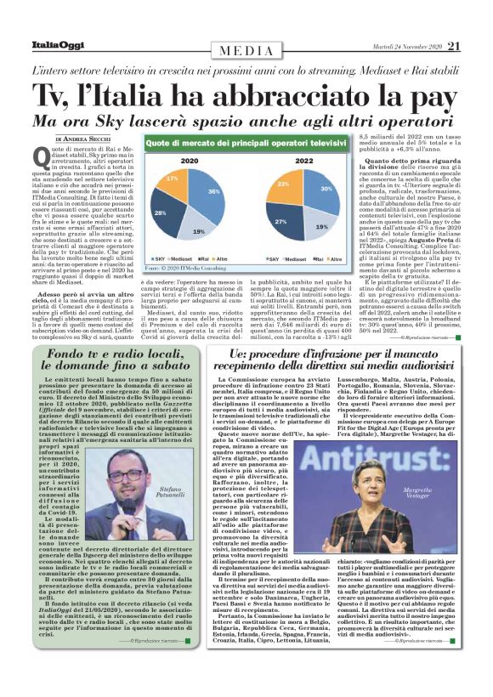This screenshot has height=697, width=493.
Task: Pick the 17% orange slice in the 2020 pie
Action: point(170,181)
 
